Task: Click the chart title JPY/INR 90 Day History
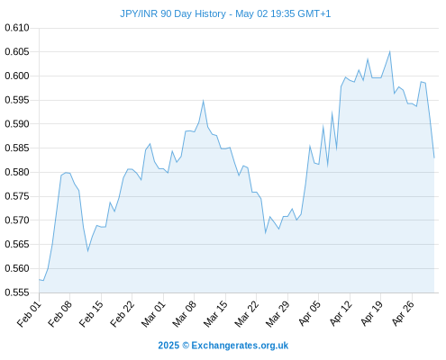(x=173, y=13)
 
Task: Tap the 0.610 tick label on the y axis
(x=17, y=28)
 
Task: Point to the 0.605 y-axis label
(x=17, y=52)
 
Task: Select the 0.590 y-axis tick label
(x=17, y=124)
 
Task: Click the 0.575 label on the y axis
(x=17, y=196)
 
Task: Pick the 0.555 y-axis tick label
(x=17, y=292)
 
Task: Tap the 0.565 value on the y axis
(x=17, y=244)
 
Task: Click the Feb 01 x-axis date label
(x=29, y=314)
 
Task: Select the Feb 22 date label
(x=122, y=314)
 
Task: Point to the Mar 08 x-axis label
(x=184, y=314)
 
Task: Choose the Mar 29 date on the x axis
(x=278, y=314)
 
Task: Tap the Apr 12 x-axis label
(x=341, y=314)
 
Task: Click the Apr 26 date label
(x=403, y=314)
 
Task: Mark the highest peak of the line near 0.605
(x=390, y=51)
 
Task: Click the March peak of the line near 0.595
(x=204, y=101)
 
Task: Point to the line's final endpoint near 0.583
(x=434, y=157)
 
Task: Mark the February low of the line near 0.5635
(x=87, y=251)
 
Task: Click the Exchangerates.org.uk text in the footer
(x=240, y=346)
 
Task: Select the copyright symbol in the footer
(x=186, y=346)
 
